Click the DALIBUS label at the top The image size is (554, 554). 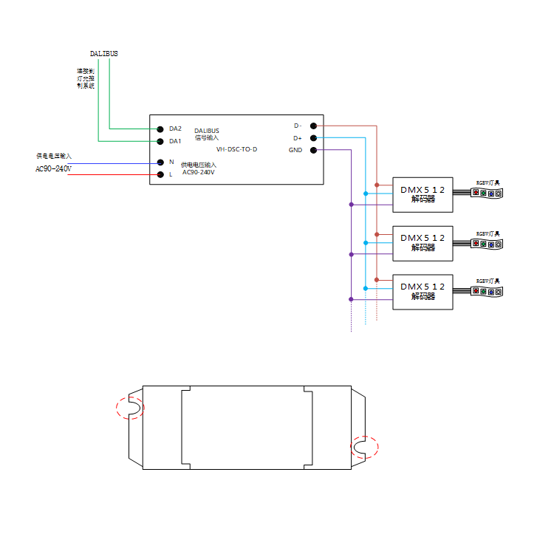tap(103, 54)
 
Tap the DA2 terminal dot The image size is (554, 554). tap(160, 129)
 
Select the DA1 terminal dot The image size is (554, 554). tap(160, 141)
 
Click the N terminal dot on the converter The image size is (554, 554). tap(160, 163)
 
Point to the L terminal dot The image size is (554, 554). tap(160, 175)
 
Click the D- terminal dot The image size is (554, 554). tap(313, 126)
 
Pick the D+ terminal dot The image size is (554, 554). tap(313, 138)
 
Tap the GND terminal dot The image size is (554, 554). tap(313, 151)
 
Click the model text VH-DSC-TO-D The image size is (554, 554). tap(236, 150)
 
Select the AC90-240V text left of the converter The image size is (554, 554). tap(53, 169)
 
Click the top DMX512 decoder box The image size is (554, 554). tap(423, 194)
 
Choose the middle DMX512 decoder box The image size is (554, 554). tap(423, 242)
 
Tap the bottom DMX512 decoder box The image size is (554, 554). tap(423, 290)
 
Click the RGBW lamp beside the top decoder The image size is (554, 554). tap(488, 193)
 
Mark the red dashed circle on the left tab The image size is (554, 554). tap(130, 407)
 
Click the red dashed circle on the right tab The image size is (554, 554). tap(363, 447)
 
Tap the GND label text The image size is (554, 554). tap(295, 151)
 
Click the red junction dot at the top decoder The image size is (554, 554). tap(377, 185)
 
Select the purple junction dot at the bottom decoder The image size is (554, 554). tap(351, 300)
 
